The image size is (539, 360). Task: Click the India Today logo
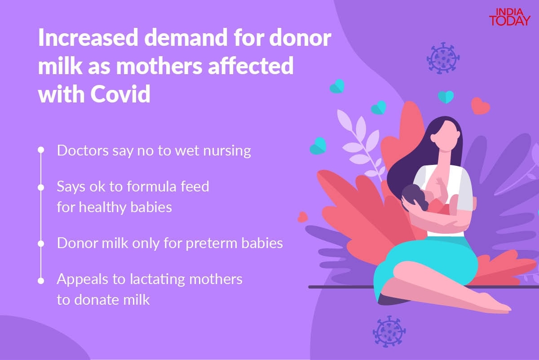coord(510,17)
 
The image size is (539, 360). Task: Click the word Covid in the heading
coord(120,93)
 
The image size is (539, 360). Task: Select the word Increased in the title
coord(88,37)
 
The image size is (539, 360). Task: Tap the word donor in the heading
coord(300,37)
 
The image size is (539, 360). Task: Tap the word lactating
coord(157,280)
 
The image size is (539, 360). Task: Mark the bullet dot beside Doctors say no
coord(41,150)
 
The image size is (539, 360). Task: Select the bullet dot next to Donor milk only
coord(41,244)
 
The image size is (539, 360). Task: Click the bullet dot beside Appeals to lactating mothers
coord(41,281)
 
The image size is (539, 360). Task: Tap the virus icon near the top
coord(443,58)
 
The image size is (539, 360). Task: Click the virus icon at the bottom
coord(389,331)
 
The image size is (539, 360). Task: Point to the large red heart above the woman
coord(480,106)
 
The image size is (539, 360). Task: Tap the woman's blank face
coord(446,136)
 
